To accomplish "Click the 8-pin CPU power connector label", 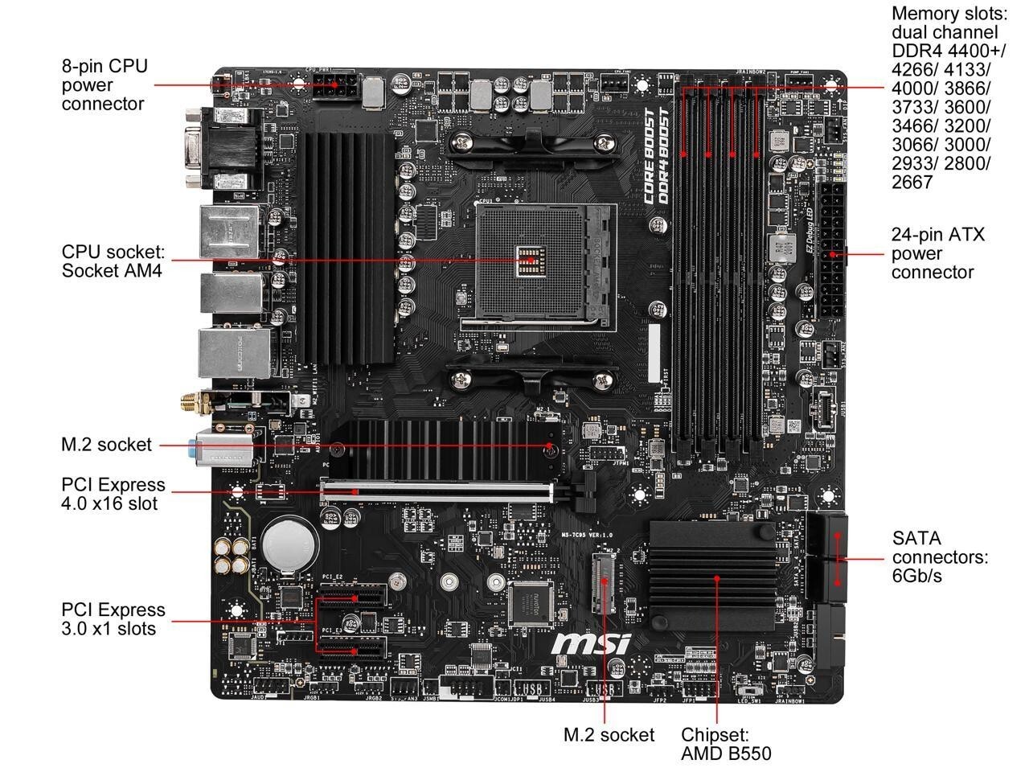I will pos(105,84).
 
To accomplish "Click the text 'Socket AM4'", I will pos(112,271).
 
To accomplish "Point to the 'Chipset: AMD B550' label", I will pos(726,744).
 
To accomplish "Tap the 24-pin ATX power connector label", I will pos(937,253).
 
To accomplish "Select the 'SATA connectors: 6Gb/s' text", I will pos(940,556).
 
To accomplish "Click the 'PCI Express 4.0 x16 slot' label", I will pos(113,494).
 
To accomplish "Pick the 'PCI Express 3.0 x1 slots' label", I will pos(113,618).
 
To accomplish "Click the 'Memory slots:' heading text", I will pos(949,14).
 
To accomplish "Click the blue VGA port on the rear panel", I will pos(193,149).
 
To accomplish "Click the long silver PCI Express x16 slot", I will pos(438,490).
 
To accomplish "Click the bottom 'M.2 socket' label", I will pos(609,734).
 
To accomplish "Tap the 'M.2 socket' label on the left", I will pos(106,445).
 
